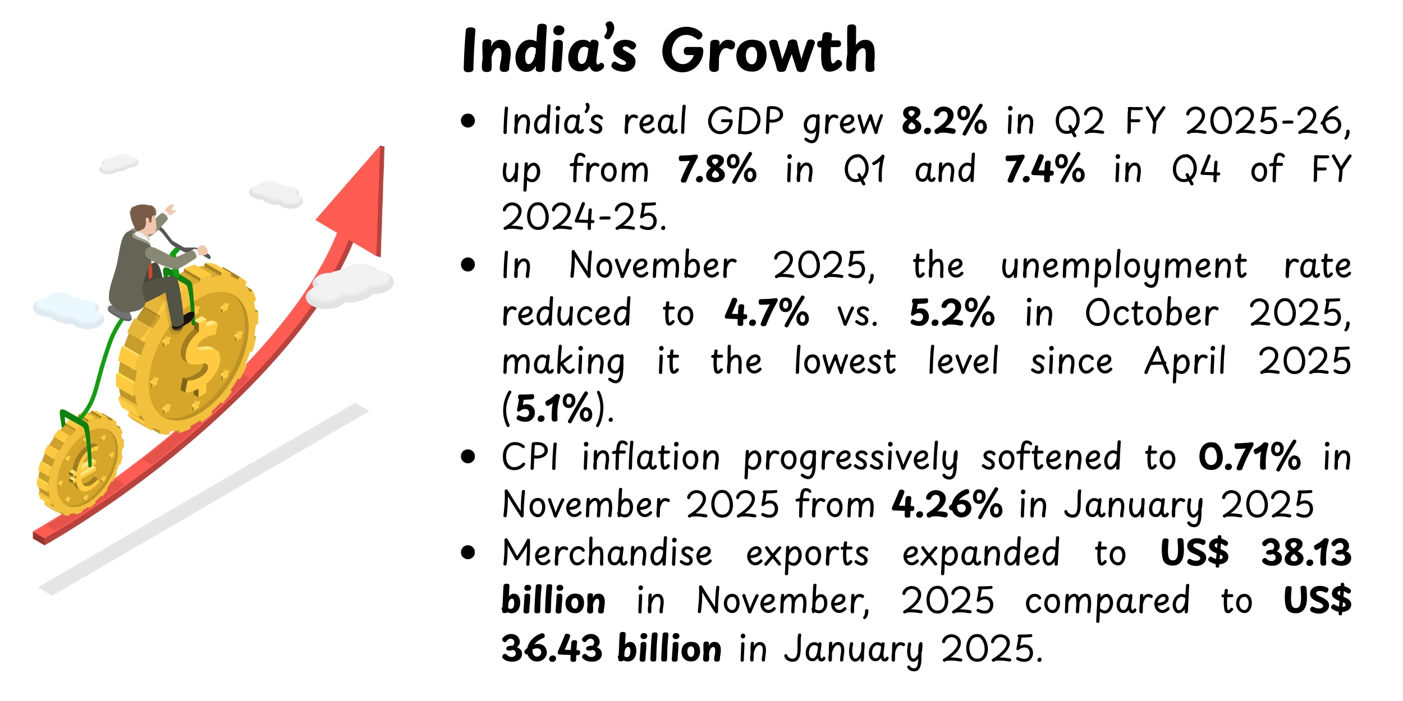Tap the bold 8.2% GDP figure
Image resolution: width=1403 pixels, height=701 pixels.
click(x=944, y=121)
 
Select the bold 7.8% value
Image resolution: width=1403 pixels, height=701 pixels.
click(x=717, y=169)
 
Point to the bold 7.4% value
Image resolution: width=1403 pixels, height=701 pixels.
click(x=1044, y=169)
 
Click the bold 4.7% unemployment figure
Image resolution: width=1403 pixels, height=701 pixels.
click(x=767, y=313)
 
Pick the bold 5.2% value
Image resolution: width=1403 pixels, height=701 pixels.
click(x=952, y=313)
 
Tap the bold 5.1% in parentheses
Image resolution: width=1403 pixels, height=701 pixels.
click(x=554, y=408)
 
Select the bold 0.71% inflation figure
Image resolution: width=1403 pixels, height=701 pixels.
click(x=1249, y=457)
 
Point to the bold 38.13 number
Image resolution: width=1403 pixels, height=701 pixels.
click(x=1306, y=553)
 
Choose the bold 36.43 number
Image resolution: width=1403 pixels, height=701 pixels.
click(x=552, y=649)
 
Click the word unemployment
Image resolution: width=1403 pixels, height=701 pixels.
click(x=1124, y=266)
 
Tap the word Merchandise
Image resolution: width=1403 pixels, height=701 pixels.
click(x=607, y=554)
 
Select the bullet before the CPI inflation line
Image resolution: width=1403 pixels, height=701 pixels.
click(x=467, y=457)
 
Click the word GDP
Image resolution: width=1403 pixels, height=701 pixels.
click(x=745, y=121)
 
